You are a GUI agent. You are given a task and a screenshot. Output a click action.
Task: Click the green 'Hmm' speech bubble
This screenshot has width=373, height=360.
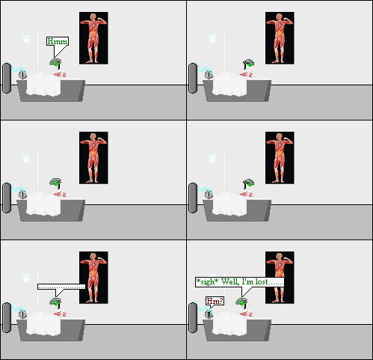(57, 42)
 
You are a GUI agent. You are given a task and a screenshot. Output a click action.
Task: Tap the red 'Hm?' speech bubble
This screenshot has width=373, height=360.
(214, 302)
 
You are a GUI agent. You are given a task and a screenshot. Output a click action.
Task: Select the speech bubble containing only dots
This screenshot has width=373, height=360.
(61, 286)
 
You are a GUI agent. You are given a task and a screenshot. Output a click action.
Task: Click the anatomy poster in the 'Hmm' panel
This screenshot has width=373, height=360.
(93, 38)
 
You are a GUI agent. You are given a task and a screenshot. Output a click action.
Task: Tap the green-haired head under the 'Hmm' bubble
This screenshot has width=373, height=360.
(55, 63)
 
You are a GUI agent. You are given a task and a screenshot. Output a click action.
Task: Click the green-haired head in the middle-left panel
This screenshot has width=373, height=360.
(55, 182)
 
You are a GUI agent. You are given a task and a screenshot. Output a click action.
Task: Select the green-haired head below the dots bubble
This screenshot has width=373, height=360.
(55, 302)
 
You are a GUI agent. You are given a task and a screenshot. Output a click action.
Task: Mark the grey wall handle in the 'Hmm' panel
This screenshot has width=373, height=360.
(7, 78)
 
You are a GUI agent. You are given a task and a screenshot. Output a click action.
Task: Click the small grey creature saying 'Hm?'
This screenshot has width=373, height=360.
(210, 314)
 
